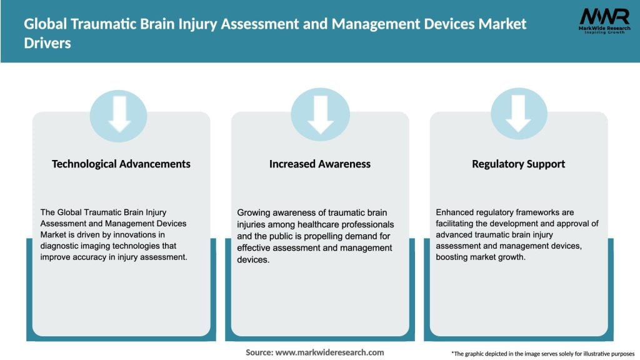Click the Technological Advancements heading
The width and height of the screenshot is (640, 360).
pyautogui.click(x=121, y=164)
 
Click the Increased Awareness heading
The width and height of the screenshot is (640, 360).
pyautogui.click(x=320, y=164)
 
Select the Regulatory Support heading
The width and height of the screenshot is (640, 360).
pyautogui.click(x=518, y=164)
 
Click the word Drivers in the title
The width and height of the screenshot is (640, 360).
pyautogui.click(x=48, y=44)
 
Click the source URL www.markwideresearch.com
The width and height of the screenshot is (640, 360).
pyautogui.click(x=329, y=352)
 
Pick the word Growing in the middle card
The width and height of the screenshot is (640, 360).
pyautogui.click(x=254, y=212)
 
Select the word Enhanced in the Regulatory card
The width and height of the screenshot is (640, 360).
pyautogui.click(x=455, y=212)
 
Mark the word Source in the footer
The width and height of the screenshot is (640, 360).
pyautogui.click(x=259, y=352)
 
